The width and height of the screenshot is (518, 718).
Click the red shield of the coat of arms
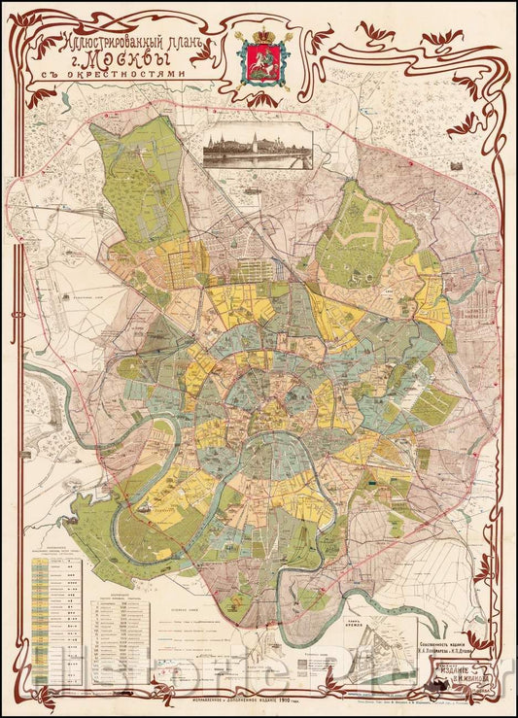coord(259,69)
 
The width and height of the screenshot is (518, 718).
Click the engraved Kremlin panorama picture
coord(258,150)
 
